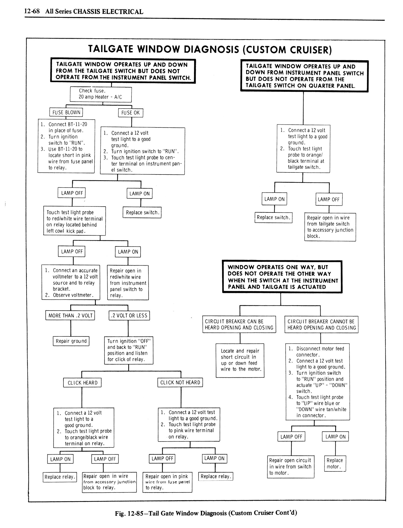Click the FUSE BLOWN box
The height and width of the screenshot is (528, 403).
(66, 112)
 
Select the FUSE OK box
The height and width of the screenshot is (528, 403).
(130, 113)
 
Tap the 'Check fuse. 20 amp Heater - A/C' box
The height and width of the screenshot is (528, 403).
(100, 94)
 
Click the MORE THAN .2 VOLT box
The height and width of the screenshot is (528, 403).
(70, 315)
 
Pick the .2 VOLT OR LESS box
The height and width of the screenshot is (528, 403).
(129, 315)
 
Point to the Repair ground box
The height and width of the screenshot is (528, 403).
(71, 341)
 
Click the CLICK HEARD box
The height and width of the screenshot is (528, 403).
(82, 383)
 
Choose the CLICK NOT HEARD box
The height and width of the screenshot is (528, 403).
(180, 382)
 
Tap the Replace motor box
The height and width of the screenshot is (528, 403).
(335, 463)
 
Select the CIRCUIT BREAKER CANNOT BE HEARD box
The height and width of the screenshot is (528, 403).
(321, 324)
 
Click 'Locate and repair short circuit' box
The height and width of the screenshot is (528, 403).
(240, 360)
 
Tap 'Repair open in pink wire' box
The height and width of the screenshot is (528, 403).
(167, 482)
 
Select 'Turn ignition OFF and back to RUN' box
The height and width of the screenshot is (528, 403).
(129, 350)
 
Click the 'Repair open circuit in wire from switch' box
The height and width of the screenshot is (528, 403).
(290, 466)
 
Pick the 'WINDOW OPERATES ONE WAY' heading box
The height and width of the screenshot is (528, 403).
(282, 277)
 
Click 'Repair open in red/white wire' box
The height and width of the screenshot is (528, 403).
(128, 283)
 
